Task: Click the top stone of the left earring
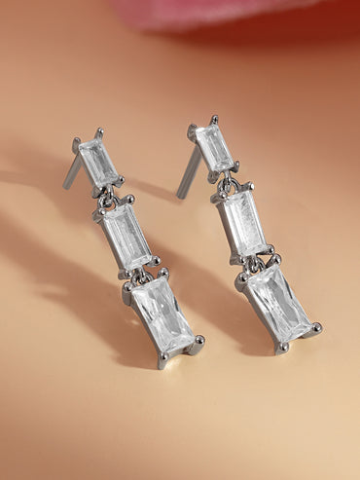[98, 162]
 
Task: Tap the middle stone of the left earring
[126, 237]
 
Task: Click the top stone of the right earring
[214, 147]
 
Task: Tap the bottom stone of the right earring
[277, 303]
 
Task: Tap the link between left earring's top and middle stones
[110, 193]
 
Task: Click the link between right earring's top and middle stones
[227, 181]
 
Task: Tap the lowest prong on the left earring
[162, 362]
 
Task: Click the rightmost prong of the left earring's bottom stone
[198, 341]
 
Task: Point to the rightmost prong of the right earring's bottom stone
[315, 328]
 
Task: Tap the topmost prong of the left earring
[98, 131]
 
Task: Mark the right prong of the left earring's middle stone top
[128, 200]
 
